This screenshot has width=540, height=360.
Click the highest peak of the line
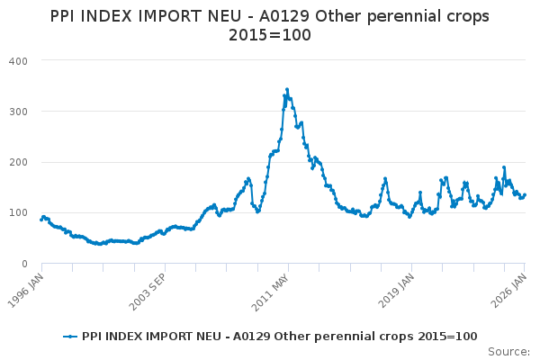pos(287,89)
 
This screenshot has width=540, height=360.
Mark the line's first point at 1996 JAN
pos(41,219)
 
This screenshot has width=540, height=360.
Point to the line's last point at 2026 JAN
pos(526,194)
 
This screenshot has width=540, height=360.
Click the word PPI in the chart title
pos(65,16)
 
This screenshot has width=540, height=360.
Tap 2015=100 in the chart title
pos(270,37)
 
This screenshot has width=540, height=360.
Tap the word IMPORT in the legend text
pos(170,336)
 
